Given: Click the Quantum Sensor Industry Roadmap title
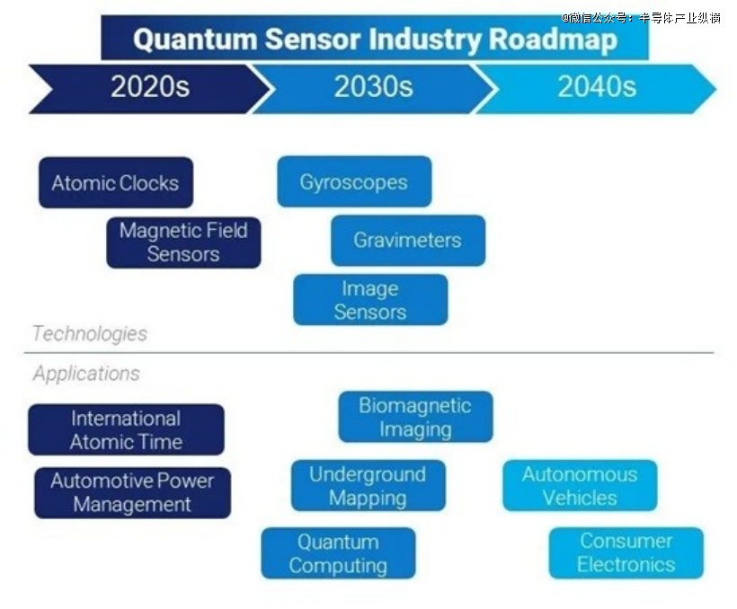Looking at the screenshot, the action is coord(375,39).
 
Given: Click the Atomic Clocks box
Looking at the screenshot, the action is coord(116,183).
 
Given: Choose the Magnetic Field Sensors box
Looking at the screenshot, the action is coord(183,243).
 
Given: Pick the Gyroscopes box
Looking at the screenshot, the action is coord(354,181).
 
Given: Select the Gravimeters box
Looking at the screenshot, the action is coord(408,241).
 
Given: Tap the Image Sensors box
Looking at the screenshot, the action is coord(370,300).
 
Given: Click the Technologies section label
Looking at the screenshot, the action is coord(90,333).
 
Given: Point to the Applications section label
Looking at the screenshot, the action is coord(86,374).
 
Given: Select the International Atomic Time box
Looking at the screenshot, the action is coord(126,429).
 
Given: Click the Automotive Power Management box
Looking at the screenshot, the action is coord(132,493).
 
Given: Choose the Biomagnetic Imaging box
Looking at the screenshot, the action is coord(415,418).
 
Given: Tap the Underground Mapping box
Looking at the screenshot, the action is coord(368,486).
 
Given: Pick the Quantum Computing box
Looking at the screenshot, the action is coord(339,553).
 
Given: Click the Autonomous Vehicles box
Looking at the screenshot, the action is coord(580,486).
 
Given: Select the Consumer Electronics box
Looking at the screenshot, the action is coord(626,553).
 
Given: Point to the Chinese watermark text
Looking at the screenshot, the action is coord(641,18).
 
